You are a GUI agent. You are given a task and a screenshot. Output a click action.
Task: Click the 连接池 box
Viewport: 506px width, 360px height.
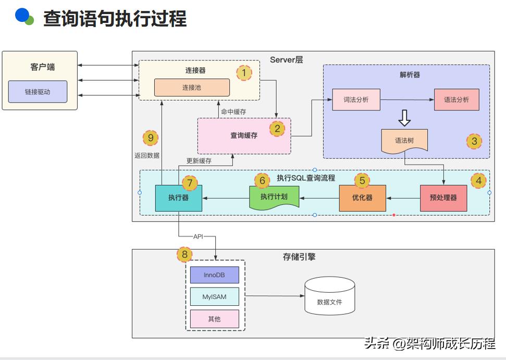click(192, 88)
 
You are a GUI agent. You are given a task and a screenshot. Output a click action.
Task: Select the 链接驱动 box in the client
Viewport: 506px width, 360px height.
click(38, 92)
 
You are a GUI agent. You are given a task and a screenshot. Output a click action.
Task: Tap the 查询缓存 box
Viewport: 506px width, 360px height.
click(244, 135)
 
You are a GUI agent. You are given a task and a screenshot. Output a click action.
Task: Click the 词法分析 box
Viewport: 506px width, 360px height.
click(356, 100)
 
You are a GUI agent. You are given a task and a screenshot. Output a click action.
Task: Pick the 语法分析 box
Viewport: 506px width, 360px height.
click(456, 100)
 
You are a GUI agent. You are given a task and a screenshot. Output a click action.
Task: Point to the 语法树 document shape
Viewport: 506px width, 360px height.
click(404, 140)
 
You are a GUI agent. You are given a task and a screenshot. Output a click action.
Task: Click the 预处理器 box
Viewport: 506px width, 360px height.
click(443, 198)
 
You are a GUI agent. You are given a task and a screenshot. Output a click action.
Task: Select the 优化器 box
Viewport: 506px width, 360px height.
click(362, 198)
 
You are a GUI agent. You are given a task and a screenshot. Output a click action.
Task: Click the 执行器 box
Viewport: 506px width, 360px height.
click(178, 198)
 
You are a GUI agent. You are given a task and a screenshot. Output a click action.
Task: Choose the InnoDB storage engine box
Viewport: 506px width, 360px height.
click(214, 275)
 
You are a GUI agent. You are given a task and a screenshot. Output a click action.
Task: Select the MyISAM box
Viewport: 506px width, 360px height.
click(214, 297)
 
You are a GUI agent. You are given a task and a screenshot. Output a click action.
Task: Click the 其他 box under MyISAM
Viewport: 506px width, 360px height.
click(214, 319)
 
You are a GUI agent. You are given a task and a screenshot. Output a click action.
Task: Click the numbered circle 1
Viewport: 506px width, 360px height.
click(244, 72)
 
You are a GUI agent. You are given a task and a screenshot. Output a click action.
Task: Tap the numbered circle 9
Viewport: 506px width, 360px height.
click(150, 138)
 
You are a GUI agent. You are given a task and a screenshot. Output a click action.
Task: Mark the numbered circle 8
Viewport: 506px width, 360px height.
click(184, 255)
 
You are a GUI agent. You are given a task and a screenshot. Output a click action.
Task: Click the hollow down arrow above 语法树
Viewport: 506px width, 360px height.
click(404, 119)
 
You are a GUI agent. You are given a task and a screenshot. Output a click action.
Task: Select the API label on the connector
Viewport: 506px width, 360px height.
click(198, 237)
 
